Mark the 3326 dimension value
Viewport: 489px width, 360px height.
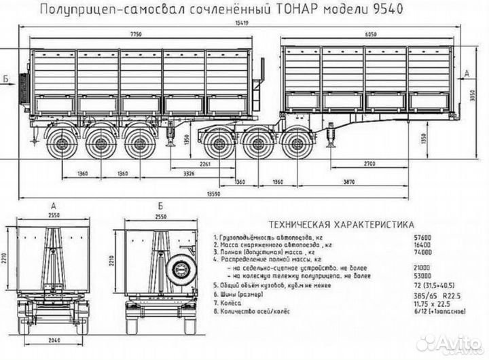[192, 175]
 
